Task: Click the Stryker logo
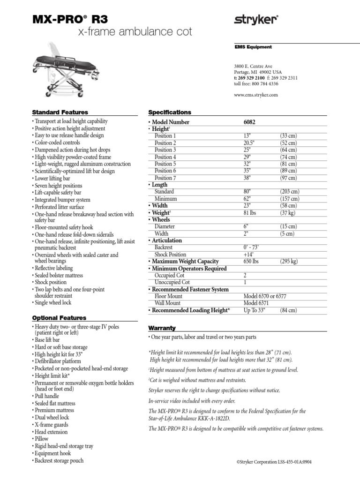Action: click(x=256, y=20)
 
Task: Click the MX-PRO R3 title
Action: click(x=70, y=19)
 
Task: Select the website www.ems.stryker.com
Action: click(x=255, y=95)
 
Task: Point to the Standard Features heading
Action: click(x=60, y=112)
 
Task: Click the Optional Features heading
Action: click(x=60, y=318)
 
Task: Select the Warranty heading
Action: click(x=162, y=328)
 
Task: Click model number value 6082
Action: click(x=250, y=122)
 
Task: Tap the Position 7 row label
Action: click(x=165, y=178)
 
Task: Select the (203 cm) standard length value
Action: click(x=290, y=192)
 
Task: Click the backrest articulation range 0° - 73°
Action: click(x=252, y=247)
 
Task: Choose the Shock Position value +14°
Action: click(x=248, y=255)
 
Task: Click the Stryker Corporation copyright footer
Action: click(x=274, y=462)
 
